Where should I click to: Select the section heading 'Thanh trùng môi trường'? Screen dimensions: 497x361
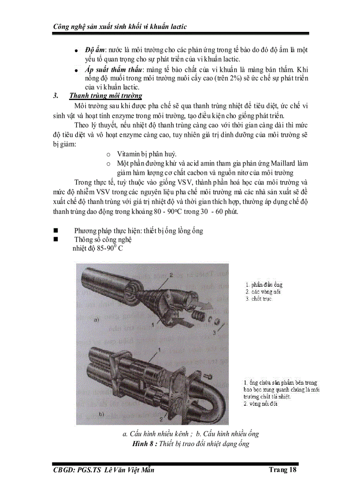click(105, 96)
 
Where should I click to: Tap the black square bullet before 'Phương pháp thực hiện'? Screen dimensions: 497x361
click(56, 231)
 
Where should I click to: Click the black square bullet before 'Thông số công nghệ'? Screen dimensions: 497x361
click(56, 239)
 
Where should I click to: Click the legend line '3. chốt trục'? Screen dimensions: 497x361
click(259, 299)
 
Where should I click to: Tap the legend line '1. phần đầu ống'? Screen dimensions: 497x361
click(264, 285)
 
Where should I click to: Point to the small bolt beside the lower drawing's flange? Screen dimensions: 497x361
click(207, 376)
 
